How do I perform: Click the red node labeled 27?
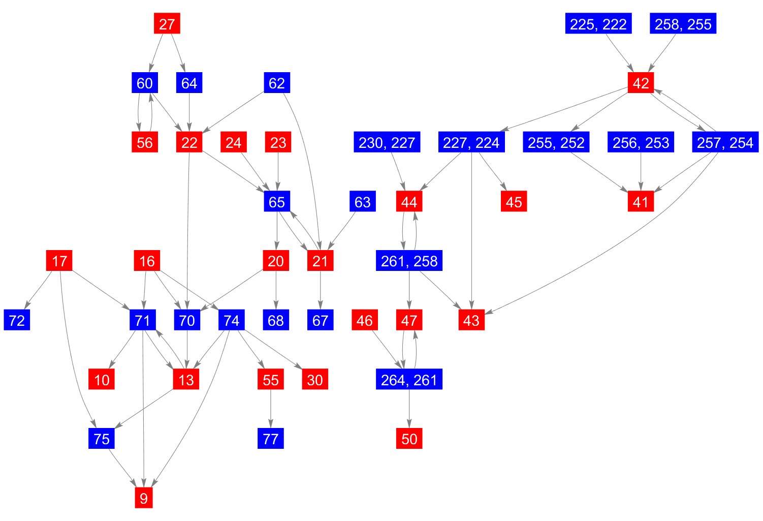pyautogui.click(x=167, y=24)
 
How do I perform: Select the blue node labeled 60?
pyautogui.click(x=144, y=83)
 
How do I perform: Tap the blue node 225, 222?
pyautogui.click(x=598, y=24)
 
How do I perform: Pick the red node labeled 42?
pyautogui.click(x=641, y=83)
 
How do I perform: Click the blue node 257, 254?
pyautogui.click(x=725, y=142)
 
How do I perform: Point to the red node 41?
pyautogui.click(x=641, y=202)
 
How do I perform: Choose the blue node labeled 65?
pyautogui.click(x=277, y=202)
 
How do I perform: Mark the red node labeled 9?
pyautogui.click(x=144, y=498)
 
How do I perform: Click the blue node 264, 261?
pyautogui.click(x=409, y=380)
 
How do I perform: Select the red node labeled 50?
pyautogui.click(x=409, y=439)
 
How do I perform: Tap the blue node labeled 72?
pyautogui.click(x=17, y=320)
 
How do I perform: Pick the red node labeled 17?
pyautogui.click(x=59, y=261)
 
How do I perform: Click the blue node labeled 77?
pyautogui.click(x=271, y=439)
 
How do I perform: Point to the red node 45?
pyautogui.click(x=514, y=202)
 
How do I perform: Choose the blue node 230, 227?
pyautogui.click(x=387, y=142)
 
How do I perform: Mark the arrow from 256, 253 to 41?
pyautogui.click(x=641, y=172)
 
